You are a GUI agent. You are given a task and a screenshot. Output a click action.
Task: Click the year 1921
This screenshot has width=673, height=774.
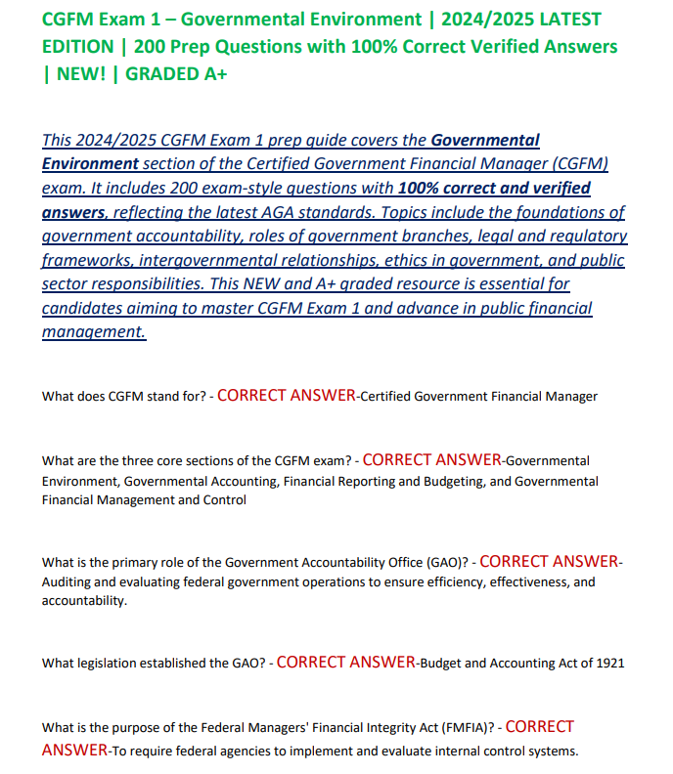pos(606,664)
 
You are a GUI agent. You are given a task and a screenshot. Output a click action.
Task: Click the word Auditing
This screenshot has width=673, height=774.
pos(69,582)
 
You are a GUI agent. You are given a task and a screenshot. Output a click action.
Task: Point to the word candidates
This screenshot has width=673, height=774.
pos(85,308)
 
